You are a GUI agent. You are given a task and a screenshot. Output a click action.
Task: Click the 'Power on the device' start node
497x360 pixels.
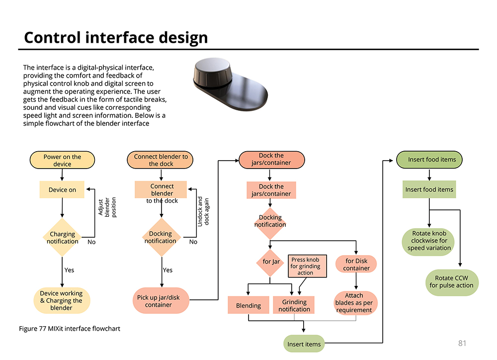click(62, 160)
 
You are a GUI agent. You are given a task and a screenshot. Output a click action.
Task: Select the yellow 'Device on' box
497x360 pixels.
click(62, 189)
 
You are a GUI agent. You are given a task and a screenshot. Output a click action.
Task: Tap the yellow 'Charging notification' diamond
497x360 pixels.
click(62, 237)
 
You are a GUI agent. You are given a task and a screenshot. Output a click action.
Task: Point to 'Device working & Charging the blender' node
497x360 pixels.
click(62, 300)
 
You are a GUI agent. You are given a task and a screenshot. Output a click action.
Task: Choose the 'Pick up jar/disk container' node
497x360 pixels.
click(161, 301)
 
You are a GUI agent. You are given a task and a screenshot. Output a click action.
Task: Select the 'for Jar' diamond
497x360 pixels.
click(270, 262)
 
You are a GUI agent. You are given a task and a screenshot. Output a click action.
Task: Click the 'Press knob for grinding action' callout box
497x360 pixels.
click(307, 266)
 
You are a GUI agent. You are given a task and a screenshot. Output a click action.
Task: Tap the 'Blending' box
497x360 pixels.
click(248, 305)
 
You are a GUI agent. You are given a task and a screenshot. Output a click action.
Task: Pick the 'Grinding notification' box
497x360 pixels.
click(294, 305)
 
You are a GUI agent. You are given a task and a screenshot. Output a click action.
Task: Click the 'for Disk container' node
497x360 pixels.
click(356, 264)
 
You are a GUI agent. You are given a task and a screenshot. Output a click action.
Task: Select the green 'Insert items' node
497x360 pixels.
click(304, 344)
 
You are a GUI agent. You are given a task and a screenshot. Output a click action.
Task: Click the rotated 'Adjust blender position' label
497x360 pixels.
click(107, 207)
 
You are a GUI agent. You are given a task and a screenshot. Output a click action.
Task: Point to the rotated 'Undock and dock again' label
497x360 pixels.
click(203, 211)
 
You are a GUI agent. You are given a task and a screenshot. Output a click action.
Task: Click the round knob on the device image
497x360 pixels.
click(212, 73)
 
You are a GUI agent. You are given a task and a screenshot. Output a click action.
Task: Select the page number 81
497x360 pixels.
click(462, 343)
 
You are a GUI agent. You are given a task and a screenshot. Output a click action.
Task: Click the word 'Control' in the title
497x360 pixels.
click(52, 37)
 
